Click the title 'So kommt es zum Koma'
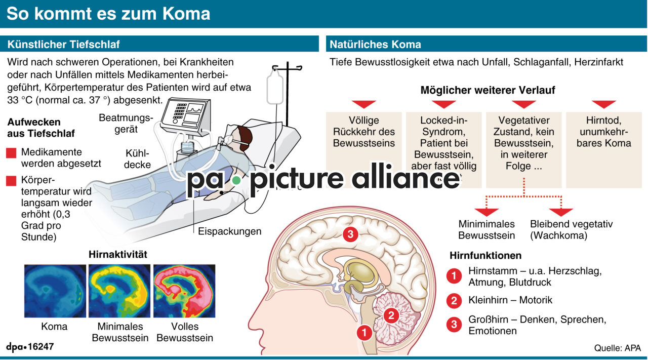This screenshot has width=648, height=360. (108, 14)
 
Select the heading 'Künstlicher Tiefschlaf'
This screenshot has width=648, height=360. (63, 44)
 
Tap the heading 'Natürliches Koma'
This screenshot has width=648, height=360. (375, 44)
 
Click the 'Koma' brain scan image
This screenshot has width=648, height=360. (55, 291)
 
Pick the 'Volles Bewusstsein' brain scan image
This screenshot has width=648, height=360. (184, 291)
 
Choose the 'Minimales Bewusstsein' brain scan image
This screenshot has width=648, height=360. (119, 291)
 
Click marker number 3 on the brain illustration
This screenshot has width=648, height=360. (350, 234)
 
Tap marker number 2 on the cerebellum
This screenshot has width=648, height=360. (391, 315)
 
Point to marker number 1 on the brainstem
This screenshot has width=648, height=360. (363, 332)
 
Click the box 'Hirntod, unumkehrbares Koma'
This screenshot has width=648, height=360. (603, 149)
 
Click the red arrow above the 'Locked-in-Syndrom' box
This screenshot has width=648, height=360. (444, 104)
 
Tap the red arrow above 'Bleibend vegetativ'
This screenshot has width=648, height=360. (561, 212)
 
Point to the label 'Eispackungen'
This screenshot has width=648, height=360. (229, 231)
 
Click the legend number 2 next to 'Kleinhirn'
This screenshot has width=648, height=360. (454, 301)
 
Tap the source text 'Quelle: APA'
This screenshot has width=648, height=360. (617, 348)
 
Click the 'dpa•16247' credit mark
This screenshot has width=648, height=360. (30, 347)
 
